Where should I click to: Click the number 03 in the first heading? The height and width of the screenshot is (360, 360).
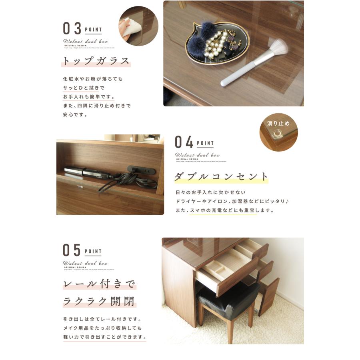coord(72,29)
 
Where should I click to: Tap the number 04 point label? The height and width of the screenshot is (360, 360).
coord(184,142)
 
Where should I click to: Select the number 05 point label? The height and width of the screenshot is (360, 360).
coord(72,250)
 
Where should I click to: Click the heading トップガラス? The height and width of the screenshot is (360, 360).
coord(96,62)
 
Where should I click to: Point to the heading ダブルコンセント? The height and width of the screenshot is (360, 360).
coord(221,176)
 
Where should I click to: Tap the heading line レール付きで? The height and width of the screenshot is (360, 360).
coord(100,284)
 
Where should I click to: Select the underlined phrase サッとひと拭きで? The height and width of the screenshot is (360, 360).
coord(83,88)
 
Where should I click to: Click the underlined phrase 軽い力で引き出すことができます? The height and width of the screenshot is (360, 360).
coord(104,337)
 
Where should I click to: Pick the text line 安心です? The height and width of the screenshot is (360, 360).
coord(76,115)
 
